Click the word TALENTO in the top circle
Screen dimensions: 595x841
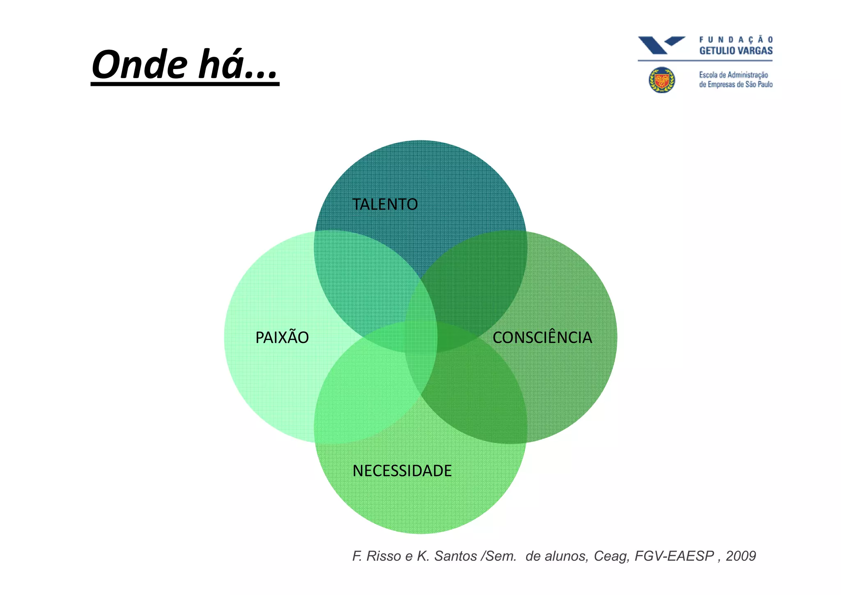[385, 204]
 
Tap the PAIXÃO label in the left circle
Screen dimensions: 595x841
[282, 338]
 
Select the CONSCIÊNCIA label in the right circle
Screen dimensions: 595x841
[542, 338]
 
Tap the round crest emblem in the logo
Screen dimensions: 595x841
[662, 80]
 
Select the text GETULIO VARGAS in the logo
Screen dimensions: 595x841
[736, 51]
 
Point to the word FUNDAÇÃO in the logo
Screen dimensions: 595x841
[736, 40]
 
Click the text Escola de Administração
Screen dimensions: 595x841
[733, 75]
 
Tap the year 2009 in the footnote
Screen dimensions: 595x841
[740, 556]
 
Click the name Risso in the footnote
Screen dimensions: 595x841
[383, 556]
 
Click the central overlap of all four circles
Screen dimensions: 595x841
[420, 337]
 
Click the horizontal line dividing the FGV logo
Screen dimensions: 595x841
[705, 61]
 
